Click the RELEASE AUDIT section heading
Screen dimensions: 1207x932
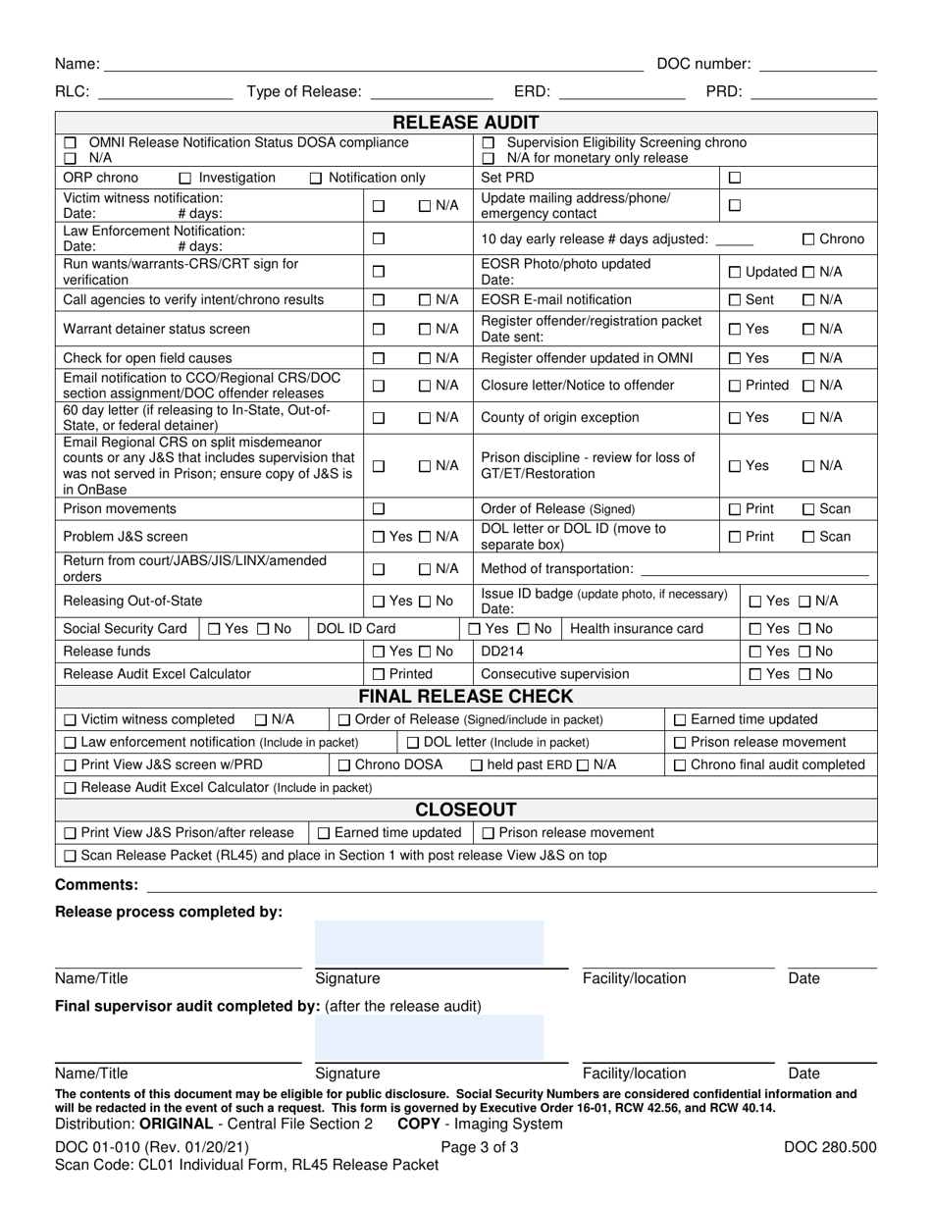(x=466, y=123)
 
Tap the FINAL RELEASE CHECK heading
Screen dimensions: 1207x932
(x=466, y=697)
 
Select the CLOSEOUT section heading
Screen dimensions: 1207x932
(x=466, y=810)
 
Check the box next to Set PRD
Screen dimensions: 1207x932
(x=734, y=179)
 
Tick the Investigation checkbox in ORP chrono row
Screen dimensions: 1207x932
(x=185, y=179)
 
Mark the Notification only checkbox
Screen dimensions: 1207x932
(x=316, y=179)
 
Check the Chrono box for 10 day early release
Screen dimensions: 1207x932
(x=808, y=239)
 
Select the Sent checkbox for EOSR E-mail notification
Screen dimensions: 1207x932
(x=734, y=300)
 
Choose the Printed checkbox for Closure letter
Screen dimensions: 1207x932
(x=734, y=387)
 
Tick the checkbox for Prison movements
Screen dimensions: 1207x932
(x=378, y=509)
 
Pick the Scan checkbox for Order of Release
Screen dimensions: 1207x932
(x=808, y=509)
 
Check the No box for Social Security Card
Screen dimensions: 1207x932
(x=263, y=629)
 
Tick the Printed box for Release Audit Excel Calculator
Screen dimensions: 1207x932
(x=378, y=675)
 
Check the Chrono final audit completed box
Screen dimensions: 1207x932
(x=680, y=765)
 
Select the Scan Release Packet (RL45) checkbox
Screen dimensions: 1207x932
(x=70, y=856)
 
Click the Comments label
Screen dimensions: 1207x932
(x=96, y=885)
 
